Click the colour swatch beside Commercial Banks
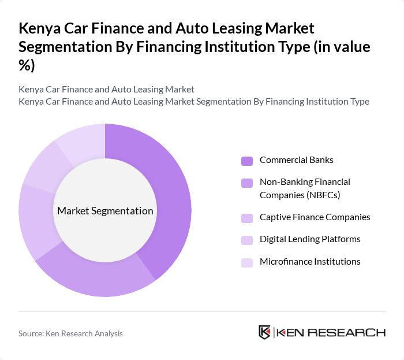click(247, 161)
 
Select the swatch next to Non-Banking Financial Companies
click(247, 183)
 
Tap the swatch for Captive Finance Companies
click(247, 218)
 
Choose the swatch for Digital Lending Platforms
click(247, 240)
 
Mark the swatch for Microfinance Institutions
click(247, 262)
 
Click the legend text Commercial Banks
click(296, 160)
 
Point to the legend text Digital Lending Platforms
click(310, 239)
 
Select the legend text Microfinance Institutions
click(310, 262)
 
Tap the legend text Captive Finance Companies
click(315, 217)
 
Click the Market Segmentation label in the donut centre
click(105, 211)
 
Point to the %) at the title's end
click(27, 66)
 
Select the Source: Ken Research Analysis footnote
click(70, 333)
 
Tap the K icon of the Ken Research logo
click(265, 332)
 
